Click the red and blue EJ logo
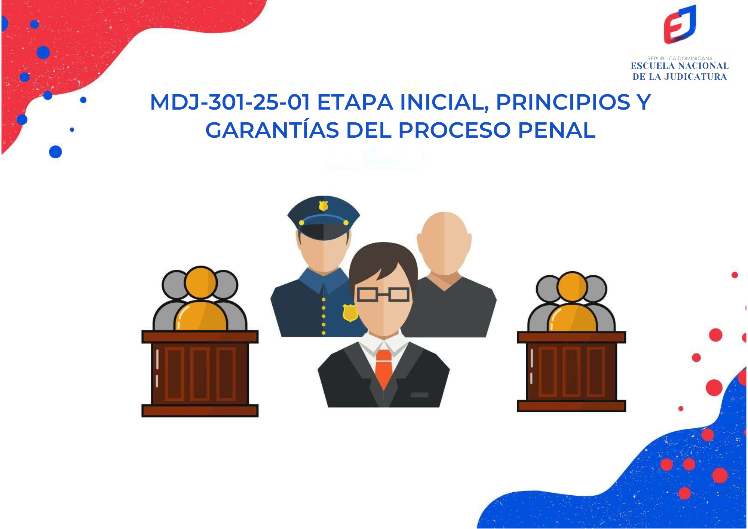coord(680,25)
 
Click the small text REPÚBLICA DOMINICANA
coord(680,58)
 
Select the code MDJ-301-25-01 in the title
coord(230,102)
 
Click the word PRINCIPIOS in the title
coord(563,102)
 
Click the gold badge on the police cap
coord(323,206)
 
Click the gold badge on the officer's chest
coord(350,312)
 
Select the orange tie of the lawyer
coord(383,369)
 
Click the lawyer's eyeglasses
coord(383,295)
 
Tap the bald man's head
coord(444,239)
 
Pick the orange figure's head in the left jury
coord(201,282)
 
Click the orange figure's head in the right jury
coord(572,287)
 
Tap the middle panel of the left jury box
coord(200,373)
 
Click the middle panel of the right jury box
coord(571,371)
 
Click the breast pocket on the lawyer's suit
coord(420,395)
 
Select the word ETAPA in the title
coord(355,102)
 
